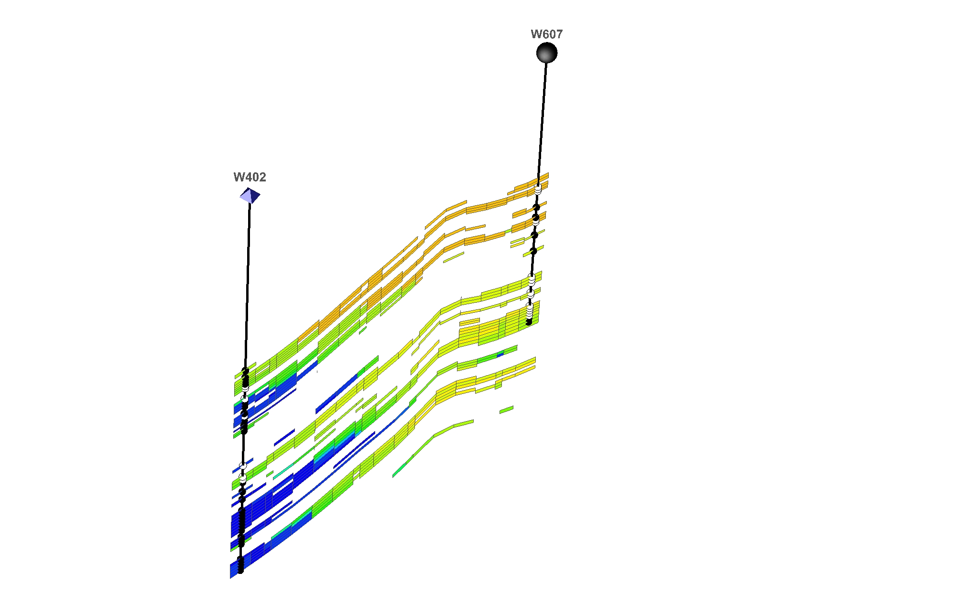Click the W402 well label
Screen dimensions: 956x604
[x=250, y=177]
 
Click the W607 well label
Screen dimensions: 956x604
[x=547, y=34]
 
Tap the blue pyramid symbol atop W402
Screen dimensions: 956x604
[x=250, y=196]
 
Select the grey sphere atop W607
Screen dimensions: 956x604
[x=547, y=53]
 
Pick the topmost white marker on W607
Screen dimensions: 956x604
[x=538, y=190]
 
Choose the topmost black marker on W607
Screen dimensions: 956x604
[x=536, y=207]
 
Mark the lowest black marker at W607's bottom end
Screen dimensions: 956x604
[x=529, y=322]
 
